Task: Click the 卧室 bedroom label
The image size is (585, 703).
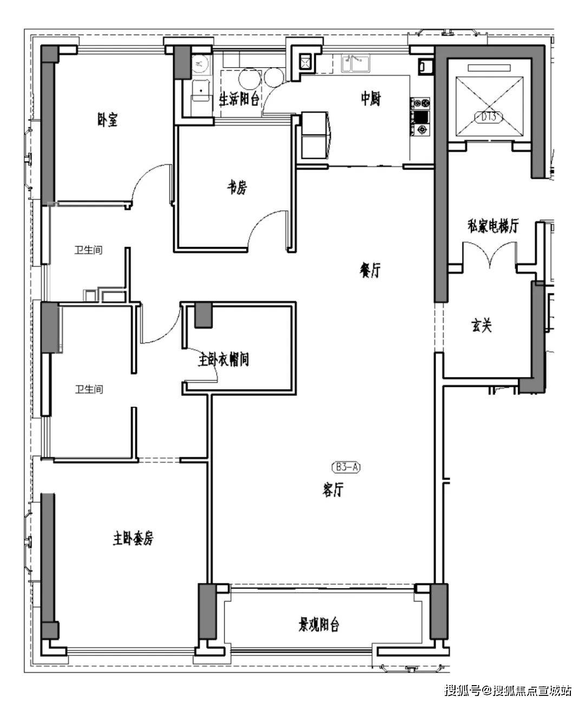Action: pyautogui.click(x=107, y=120)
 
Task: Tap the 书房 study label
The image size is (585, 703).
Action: pyautogui.click(x=236, y=187)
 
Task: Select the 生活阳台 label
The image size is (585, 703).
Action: pyautogui.click(x=239, y=99)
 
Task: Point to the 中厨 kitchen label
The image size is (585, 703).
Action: pyautogui.click(x=370, y=99)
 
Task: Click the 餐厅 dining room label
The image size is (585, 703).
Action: pyautogui.click(x=370, y=270)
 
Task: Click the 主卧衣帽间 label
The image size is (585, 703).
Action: pyautogui.click(x=224, y=360)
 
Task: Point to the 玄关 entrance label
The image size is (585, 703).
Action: pyautogui.click(x=481, y=326)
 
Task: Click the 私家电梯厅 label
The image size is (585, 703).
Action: pyautogui.click(x=493, y=226)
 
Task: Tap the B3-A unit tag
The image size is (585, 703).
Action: pyautogui.click(x=346, y=467)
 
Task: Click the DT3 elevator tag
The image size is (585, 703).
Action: pyautogui.click(x=489, y=117)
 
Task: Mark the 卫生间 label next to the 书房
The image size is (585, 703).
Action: pyautogui.click(x=88, y=250)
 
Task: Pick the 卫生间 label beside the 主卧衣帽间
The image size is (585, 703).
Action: pyautogui.click(x=89, y=389)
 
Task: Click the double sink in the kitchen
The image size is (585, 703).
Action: pyautogui.click(x=355, y=63)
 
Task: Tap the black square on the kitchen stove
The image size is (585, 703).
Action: pyautogui.click(x=421, y=117)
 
